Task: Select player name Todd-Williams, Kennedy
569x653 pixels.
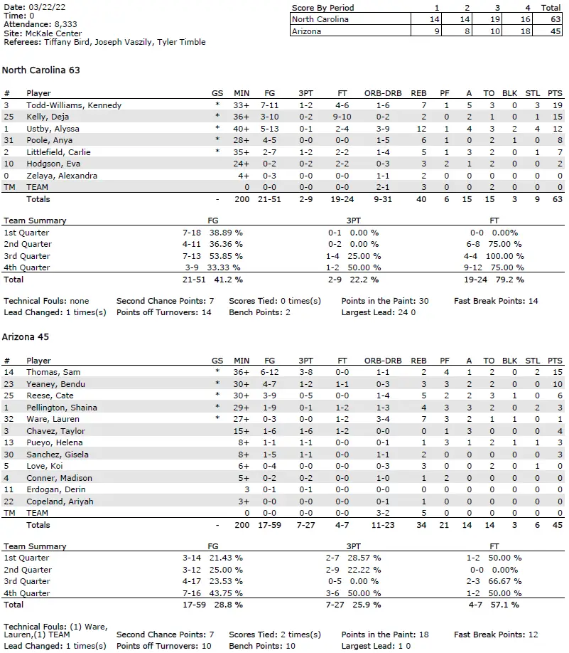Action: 74,105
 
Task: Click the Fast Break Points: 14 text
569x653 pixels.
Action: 496,301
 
